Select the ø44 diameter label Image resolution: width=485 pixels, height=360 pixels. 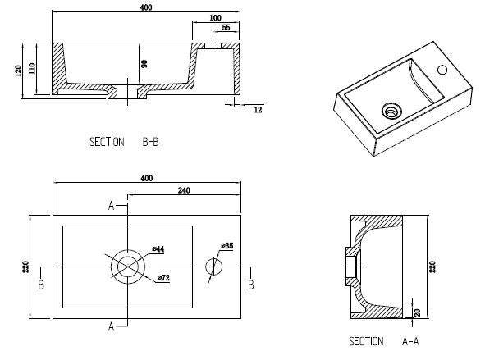[x=159, y=248]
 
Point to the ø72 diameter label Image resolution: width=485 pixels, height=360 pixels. [x=162, y=279]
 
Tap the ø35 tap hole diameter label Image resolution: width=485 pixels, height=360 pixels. [x=226, y=245]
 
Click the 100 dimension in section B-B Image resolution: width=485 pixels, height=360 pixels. [x=215, y=17]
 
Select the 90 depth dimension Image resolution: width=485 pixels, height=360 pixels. [x=144, y=64]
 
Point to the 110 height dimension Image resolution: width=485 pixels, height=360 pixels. [x=32, y=70]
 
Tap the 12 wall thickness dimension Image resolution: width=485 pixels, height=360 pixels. [x=257, y=108]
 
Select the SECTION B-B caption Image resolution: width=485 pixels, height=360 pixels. [x=124, y=142]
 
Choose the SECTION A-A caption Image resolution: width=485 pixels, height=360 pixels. [x=384, y=341]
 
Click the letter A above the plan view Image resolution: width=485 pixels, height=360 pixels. [x=111, y=206]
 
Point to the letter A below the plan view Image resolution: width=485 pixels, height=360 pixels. [x=111, y=326]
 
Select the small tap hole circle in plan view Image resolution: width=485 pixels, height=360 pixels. [x=213, y=267]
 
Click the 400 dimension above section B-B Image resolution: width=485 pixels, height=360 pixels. [x=147, y=7]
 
